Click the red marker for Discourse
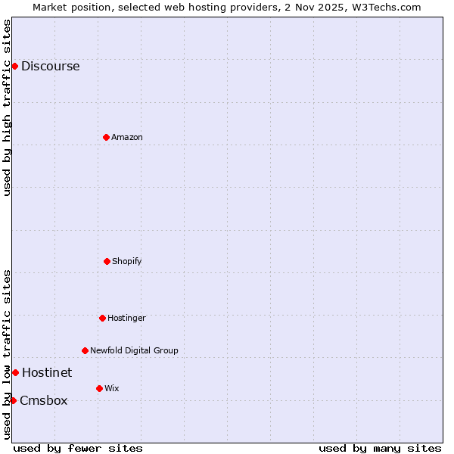(x=14, y=66)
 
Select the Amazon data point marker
(x=106, y=137)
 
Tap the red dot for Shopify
(x=107, y=261)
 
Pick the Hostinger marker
(x=102, y=318)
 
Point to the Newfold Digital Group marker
(x=85, y=350)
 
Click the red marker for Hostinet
(x=15, y=372)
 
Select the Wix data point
(x=99, y=388)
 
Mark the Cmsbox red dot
(x=13, y=400)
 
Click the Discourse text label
(x=50, y=67)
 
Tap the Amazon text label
(x=127, y=138)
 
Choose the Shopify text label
(x=127, y=262)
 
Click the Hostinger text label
(x=126, y=319)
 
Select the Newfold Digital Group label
(x=134, y=351)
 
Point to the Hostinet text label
(x=47, y=373)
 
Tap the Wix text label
(x=112, y=389)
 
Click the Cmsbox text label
(x=43, y=401)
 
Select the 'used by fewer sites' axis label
(x=78, y=448)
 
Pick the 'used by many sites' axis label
(x=380, y=448)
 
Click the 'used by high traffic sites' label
(x=7, y=107)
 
